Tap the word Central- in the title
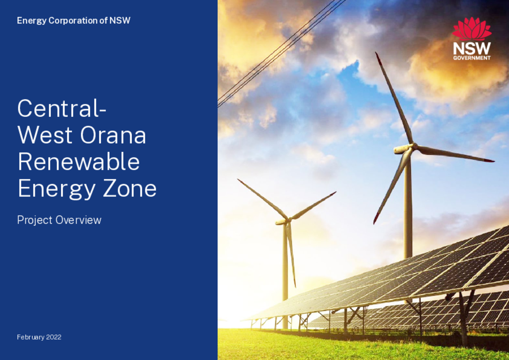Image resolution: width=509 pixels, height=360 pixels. tap(62, 108)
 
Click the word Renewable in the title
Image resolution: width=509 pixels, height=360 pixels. tap(79, 162)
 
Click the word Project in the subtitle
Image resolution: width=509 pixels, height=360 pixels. tap(35, 221)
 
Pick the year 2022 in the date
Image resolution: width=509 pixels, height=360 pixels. tap(54, 337)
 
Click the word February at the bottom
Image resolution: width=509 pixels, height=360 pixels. tap(31, 338)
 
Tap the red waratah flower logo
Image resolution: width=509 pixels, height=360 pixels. tap(472, 29)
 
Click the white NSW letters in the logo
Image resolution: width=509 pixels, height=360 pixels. tap(472, 49)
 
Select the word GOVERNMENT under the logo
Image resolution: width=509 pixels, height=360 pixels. tap(472, 58)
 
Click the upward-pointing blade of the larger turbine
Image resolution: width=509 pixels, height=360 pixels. tap(394, 97)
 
